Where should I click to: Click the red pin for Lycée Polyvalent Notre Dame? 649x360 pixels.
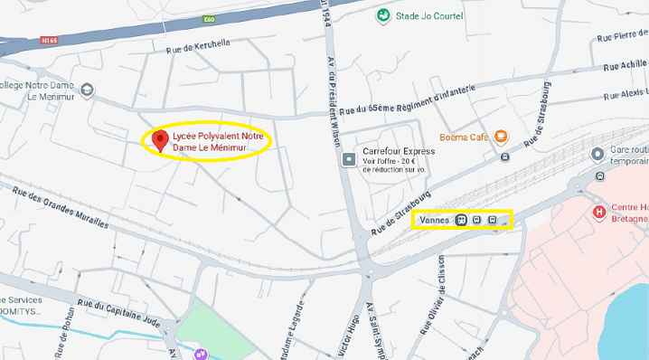[161, 140]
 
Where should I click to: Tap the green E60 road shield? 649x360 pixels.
[210, 19]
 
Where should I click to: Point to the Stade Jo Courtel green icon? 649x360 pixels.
[384, 15]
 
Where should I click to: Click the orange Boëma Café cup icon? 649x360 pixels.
[501, 137]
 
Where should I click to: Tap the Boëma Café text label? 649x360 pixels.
[464, 137]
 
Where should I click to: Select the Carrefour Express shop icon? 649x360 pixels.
[349, 159]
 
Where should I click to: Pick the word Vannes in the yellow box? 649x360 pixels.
[436, 219]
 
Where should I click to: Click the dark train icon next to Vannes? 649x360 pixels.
[462, 219]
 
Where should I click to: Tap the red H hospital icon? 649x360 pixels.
[597, 212]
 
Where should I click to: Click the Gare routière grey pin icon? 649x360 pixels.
[597, 154]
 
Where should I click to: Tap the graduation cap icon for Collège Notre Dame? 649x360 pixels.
[87, 90]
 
